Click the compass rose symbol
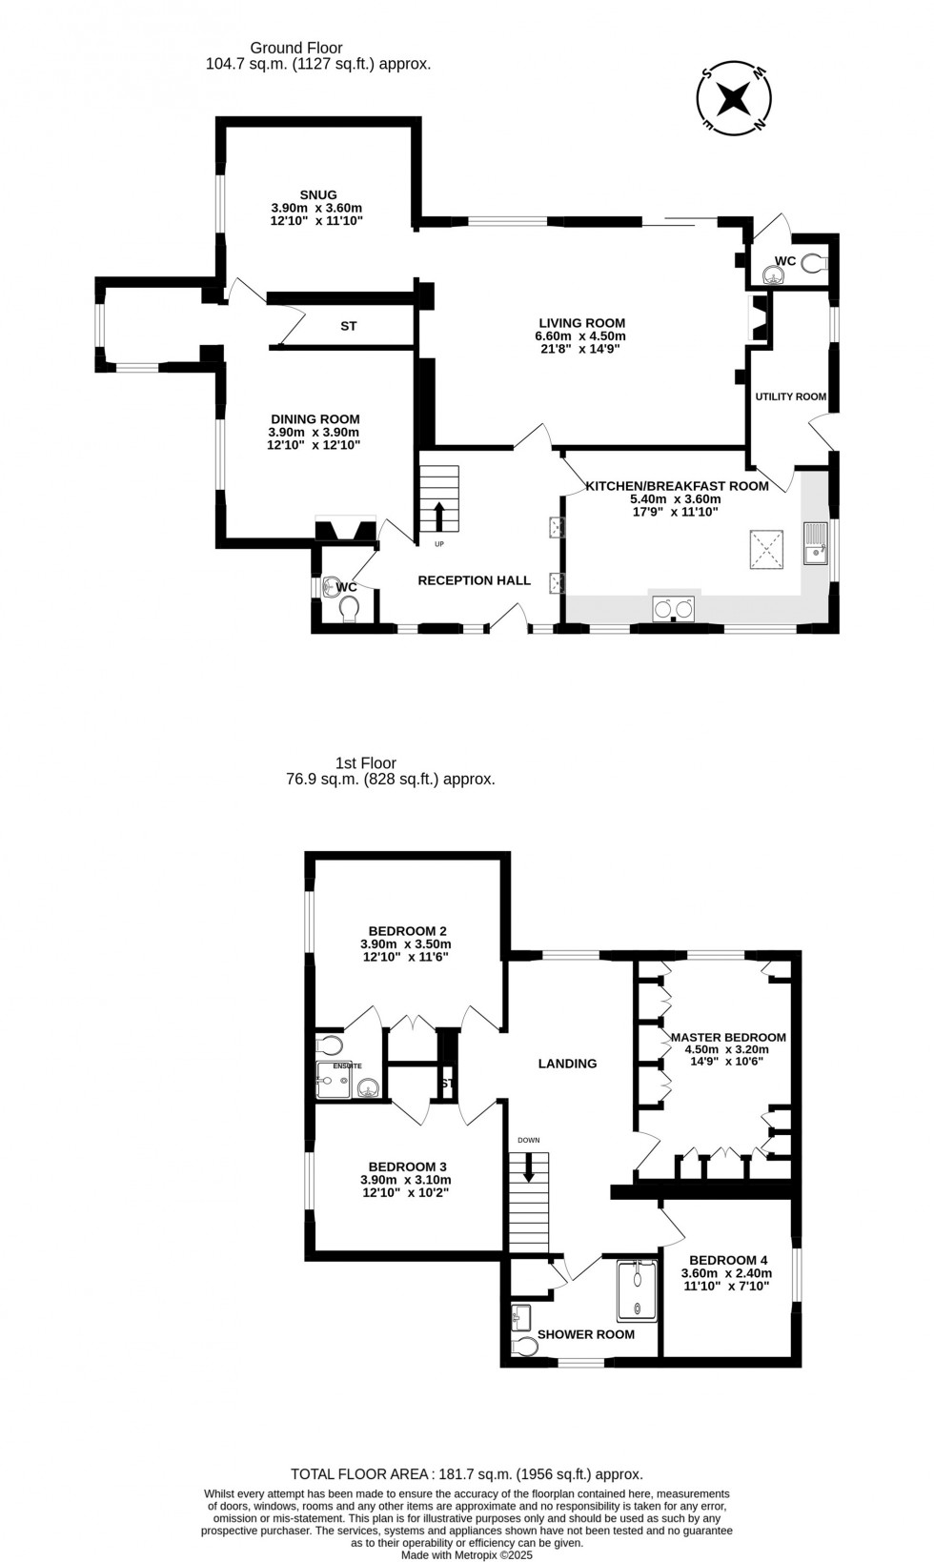[734, 97]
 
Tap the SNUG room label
[316, 194]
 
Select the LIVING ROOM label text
[580, 323]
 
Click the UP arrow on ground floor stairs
[439, 516]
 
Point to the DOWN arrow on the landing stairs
[529, 1170]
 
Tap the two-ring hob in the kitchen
[674, 608]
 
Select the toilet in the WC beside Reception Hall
[348, 608]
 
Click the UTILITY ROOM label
[790, 396]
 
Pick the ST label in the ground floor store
[349, 326]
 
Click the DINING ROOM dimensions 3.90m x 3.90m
[315, 432]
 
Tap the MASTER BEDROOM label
[728, 1037]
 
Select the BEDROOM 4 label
[728, 1258]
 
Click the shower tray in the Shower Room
[637, 1290]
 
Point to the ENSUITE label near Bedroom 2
[347, 1065]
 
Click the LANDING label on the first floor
[567, 1064]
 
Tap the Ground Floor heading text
[295, 48]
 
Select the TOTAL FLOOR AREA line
[466, 1473]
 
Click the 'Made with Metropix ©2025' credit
[466, 1553]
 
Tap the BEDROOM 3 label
[407, 1166]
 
